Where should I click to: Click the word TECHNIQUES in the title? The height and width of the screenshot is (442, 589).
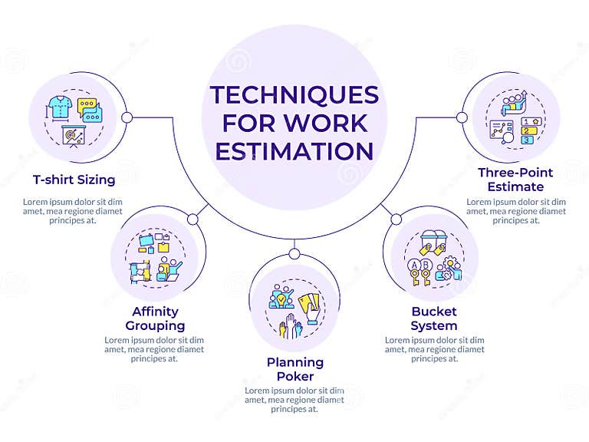click(x=294, y=95)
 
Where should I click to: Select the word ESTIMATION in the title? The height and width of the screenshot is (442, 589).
click(x=294, y=150)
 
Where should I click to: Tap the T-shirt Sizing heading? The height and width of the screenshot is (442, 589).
click(x=74, y=180)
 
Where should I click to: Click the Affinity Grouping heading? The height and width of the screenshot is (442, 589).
click(x=155, y=318)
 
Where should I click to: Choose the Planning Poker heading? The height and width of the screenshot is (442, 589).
click(x=294, y=368)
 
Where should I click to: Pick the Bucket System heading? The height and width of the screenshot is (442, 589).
click(x=433, y=318)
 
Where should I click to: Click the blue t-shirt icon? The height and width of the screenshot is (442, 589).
click(x=58, y=106)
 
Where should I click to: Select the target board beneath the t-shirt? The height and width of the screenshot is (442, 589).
click(x=74, y=135)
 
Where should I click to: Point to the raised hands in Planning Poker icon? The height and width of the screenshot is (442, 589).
click(x=290, y=329)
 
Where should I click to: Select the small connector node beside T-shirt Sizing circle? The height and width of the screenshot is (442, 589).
click(x=127, y=117)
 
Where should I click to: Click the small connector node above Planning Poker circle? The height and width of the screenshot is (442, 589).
click(x=294, y=253)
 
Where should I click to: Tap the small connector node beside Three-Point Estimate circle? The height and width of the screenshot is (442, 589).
click(x=462, y=117)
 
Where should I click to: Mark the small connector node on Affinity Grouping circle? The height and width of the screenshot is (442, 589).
click(x=192, y=219)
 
